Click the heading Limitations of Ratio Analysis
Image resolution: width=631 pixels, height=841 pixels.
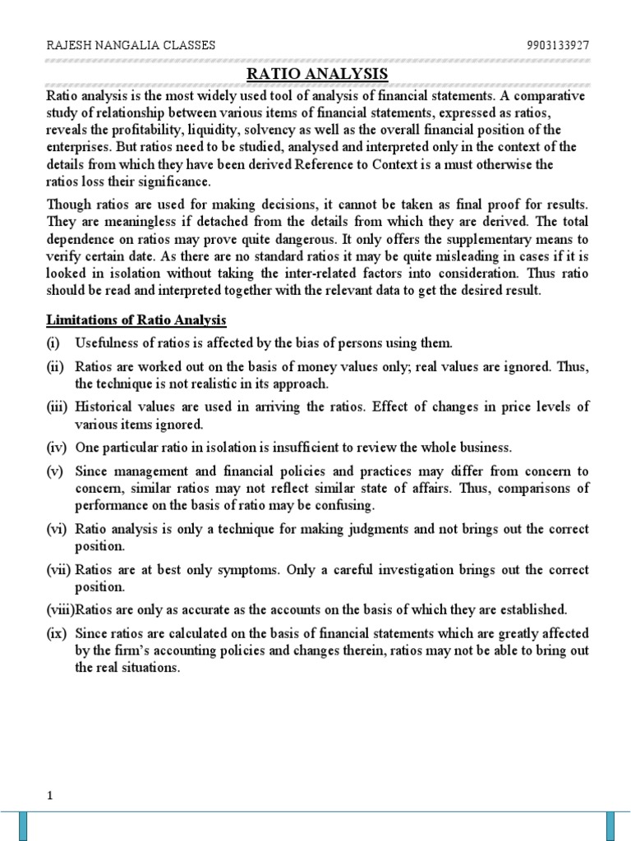[x=136, y=319]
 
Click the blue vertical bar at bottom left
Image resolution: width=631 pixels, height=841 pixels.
[x=24, y=826]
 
